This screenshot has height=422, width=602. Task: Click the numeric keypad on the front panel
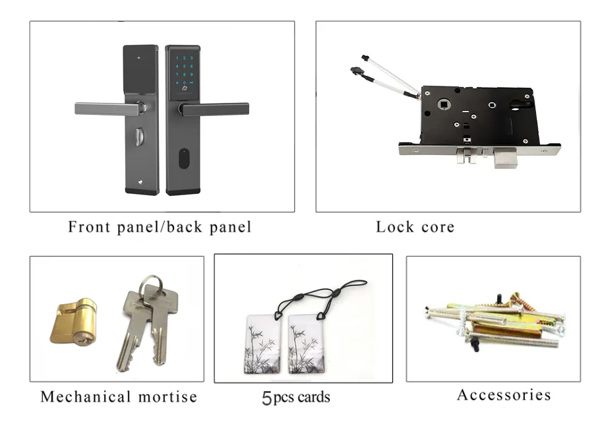pos(184,71)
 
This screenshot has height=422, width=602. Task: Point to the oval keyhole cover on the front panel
pos(184,159)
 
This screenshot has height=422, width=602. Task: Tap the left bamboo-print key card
pos(262,344)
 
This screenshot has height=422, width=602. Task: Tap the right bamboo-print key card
pos(307,344)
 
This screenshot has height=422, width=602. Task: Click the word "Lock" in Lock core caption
pos(395,227)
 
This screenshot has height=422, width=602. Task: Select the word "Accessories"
pos(504,395)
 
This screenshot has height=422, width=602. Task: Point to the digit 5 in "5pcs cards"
pos(267,398)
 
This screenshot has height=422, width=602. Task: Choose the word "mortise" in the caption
pos(167,397)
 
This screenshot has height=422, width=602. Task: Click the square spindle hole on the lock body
pos(444,104)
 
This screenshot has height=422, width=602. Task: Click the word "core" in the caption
pos(438,227)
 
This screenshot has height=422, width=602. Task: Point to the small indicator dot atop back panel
pos(139,59)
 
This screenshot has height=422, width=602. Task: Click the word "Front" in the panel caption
pos(90,227)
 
